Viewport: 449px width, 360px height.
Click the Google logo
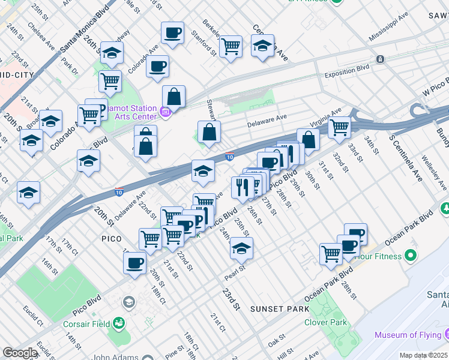pos(19,353)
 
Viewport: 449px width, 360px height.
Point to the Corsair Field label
pos(87,324)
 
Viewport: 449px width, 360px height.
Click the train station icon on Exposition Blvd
pos(379,59)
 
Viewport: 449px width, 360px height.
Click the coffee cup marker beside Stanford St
pos(173,34)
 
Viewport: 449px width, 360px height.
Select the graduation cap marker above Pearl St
pos(241,247)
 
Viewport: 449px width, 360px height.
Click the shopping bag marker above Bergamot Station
pos(173,96)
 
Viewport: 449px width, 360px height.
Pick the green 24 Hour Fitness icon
pos(411,256)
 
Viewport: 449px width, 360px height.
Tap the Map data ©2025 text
pos(424,355)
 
